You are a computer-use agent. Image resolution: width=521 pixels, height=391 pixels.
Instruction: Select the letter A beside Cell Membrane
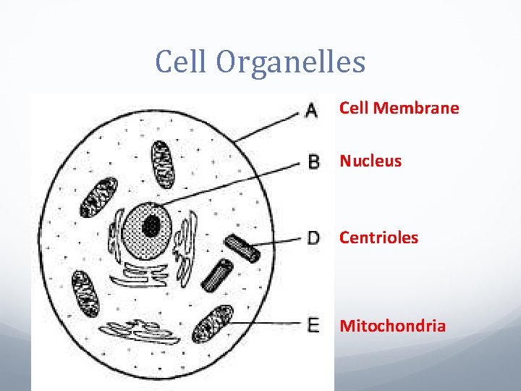click(312, 110)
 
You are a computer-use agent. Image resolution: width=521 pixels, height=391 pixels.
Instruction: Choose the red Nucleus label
click(370, 161)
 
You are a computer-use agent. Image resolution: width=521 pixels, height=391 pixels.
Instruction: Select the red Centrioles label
click(378, 237)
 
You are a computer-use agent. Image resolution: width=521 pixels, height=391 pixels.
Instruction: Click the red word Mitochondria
click(392, 326)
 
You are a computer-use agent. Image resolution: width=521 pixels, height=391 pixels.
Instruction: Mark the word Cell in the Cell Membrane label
click(354, 109)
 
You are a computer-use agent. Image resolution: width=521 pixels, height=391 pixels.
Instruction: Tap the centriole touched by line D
click(241, 248)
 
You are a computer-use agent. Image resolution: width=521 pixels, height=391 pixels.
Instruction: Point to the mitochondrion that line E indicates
click(213, 324)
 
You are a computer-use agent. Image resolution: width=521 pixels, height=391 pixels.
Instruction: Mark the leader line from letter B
click(232, 182)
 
